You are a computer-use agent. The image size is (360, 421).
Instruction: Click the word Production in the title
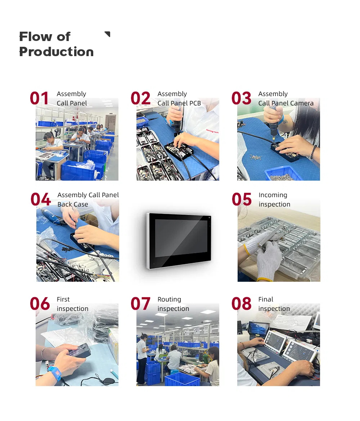click(x=56, y=52)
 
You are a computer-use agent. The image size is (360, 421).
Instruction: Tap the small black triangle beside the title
click(x=107, y=34)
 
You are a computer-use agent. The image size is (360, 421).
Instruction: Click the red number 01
click(x=39, y=99)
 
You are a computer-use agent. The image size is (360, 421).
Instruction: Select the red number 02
click(x=140, y=99)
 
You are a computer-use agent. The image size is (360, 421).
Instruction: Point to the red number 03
click(x=241, y=99)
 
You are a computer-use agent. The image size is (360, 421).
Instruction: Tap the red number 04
click(x=40, y=200)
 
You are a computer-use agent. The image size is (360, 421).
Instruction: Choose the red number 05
click(x=242, y=200)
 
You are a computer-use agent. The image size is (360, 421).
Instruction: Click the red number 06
click(x=40, y=304)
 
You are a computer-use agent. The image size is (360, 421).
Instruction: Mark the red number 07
click(x=140, y=304)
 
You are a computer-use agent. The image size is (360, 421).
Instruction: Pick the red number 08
click(x=241, y=304)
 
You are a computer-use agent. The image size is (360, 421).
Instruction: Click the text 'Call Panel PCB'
click(x=179, y=103)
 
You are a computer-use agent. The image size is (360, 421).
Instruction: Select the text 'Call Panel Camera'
click(x=285, y=103)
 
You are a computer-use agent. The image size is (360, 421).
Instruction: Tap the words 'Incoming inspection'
click(x=274, y=200)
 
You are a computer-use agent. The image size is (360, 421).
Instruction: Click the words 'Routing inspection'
click(x=173, y=304)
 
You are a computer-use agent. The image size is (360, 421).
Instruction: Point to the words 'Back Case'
click(x=72, y=204)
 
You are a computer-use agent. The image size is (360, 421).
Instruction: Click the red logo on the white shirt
click(x=212, y=131)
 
